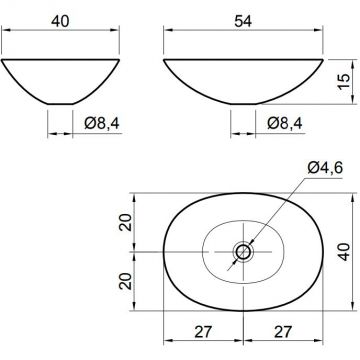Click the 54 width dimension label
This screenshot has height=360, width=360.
243,21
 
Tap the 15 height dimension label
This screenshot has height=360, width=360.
344,81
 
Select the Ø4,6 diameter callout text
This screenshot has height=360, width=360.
325,168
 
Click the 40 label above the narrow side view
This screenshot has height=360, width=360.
60,21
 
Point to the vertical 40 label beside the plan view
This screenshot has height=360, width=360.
344,252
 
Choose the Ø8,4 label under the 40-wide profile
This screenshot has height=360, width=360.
102,124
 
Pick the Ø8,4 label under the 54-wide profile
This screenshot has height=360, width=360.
285,124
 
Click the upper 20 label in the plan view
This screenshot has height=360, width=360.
125,222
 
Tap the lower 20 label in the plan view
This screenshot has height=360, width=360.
125,281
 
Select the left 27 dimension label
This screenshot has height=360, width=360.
202,332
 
